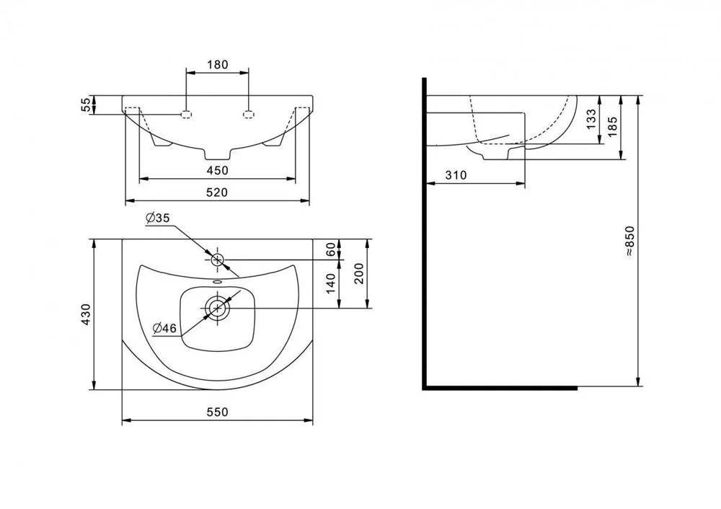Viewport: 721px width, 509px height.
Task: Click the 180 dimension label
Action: (217, 64)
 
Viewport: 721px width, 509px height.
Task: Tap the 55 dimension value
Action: (87, 105)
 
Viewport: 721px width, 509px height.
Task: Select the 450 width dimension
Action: (217, 171)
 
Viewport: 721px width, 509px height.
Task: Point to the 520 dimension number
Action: (217, 192)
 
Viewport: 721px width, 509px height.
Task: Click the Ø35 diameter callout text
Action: (158, 218)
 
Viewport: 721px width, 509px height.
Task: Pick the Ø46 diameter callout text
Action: (164, 328)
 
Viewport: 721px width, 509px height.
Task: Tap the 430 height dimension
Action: (86, 315)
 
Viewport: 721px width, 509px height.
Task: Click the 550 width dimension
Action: (217, 412)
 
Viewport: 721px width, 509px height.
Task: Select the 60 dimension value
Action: (330, 249)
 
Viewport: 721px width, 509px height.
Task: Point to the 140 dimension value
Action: (330, 285)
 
